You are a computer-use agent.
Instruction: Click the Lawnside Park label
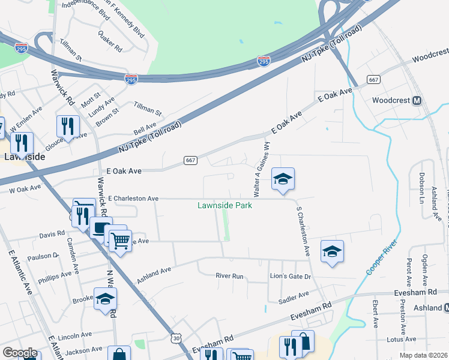click(x=224, y=205)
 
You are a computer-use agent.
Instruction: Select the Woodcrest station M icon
click(x=416, y=100)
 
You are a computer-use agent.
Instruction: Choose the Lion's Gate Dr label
click(x=290, y=277)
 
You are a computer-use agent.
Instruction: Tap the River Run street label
click(x=230, y=276)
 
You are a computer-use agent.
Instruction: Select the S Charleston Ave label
click(x=303, y=232)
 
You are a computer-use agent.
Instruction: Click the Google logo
click(x=20, y=352)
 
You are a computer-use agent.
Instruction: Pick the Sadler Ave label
click(x=295, y=295)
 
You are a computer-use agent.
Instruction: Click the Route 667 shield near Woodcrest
click(x=373, y=80)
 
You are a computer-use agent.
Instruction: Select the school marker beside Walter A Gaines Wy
click(x=283, y=179)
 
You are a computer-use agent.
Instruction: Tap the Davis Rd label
click(x=52, y=234)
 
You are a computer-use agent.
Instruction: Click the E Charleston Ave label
click(x=133, y=198)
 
